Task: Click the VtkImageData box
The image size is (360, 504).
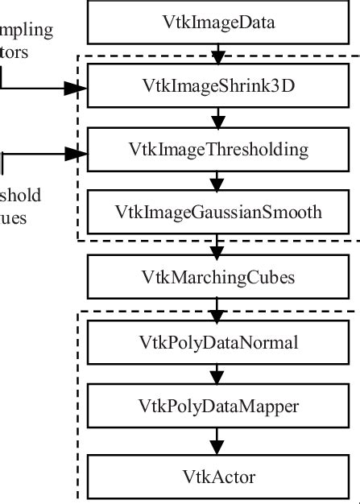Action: (x=218, y=23)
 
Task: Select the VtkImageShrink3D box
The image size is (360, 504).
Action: (x=218, y=86)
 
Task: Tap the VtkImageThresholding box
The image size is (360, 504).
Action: (x=218, y=149)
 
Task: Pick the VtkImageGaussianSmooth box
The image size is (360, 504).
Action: (x=218, y=213)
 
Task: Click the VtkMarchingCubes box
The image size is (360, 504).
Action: (x=218, y=278)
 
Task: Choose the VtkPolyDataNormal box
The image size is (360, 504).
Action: (x=218, y=343)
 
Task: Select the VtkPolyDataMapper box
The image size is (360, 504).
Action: (x=218, y=407)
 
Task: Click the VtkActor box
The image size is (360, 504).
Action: (x=218, y=477)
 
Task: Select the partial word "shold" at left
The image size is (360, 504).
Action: (x=20, y=195)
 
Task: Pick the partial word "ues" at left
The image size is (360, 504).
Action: (x=13, y=217)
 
